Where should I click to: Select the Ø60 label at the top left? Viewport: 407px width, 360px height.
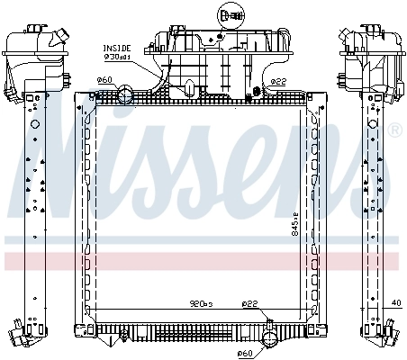(104, 81)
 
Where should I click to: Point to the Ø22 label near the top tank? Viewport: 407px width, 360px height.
(276, 82)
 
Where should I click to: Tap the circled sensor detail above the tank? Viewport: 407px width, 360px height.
(227, 14)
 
